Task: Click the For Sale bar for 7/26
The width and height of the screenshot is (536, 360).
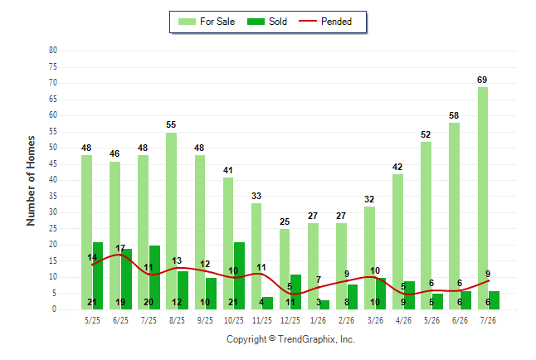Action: (x=483, y=198)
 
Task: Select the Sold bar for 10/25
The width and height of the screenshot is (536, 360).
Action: (x=239, y=276)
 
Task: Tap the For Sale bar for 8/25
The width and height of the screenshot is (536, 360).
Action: (x=171, y=221)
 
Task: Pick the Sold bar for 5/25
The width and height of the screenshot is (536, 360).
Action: (x=98, y=276)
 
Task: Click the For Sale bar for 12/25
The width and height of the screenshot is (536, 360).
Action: (x=285, y=270)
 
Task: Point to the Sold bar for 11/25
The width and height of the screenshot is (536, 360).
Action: (x=268, y=304)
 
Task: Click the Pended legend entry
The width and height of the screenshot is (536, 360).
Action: (x=325, y=22)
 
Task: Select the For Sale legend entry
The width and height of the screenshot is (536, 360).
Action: (x=207, y=22)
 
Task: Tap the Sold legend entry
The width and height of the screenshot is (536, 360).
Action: (x=267, y=22)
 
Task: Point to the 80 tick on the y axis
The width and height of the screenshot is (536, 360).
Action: (x=53, y=51)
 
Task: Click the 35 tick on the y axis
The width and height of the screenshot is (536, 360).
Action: (x=53, y=197)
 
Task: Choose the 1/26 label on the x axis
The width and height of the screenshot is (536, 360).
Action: (x=318, y=320)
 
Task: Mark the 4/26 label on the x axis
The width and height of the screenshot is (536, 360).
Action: (x=403, y=320)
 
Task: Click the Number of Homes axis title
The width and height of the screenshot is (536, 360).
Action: (x=31, y=181)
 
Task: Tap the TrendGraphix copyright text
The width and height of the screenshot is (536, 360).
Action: (x=290, y=339)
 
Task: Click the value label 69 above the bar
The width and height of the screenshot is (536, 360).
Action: (x=482, y=80)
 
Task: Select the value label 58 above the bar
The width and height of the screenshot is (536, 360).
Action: (x=454, y=115)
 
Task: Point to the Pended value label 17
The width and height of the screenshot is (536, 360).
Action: (x=120, y=248)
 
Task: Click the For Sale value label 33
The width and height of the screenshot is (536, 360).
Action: (x=256, y=196)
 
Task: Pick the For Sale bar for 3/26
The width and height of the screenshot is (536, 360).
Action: (x=369, y=258)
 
